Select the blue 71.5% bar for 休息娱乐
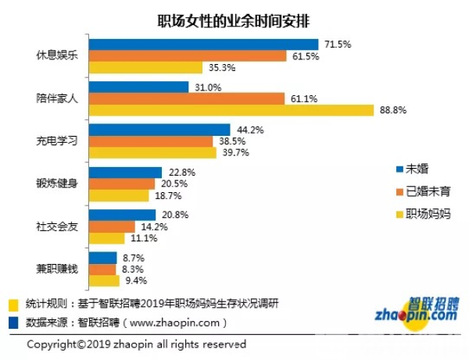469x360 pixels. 204,45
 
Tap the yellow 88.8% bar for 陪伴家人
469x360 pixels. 232,110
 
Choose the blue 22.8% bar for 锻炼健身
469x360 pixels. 126,172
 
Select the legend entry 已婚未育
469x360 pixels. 422,191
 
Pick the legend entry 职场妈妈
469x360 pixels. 422,213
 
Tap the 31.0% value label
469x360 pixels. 205,87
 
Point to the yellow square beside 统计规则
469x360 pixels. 12,304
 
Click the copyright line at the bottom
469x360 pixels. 137,344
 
